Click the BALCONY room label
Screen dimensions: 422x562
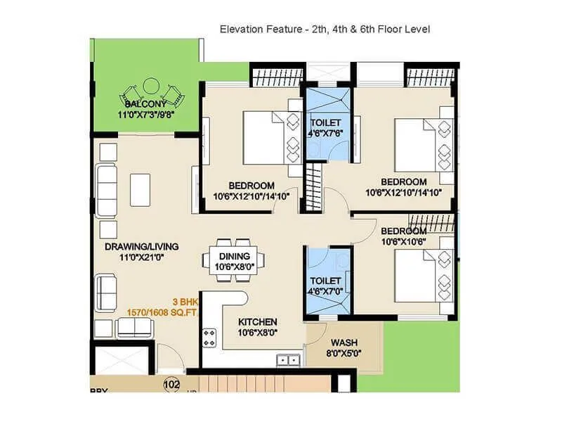pos(145,104)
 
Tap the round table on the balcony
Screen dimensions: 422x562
pos(151,87)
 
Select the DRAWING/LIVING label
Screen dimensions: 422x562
pos(142,247)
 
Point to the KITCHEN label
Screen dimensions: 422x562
pos(257,321)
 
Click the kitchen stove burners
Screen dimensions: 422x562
pos(209,337)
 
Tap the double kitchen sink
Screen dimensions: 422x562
pos(287,360)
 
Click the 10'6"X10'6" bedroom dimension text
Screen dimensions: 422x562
pos(403,241)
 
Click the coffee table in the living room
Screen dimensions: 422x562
pos(140,190)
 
